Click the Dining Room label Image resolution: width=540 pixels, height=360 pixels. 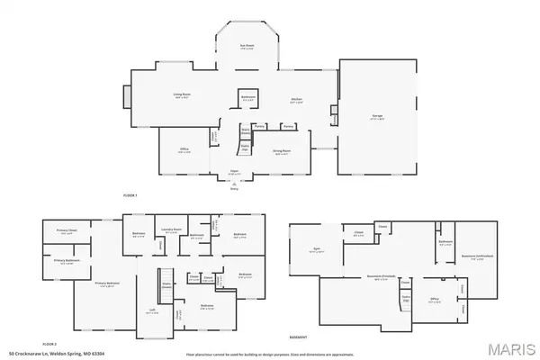(282, 151)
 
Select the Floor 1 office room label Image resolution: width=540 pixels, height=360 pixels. (184, 152)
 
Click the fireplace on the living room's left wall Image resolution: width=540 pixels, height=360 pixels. (126, 96)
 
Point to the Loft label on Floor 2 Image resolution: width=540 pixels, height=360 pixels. (152, 311)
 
